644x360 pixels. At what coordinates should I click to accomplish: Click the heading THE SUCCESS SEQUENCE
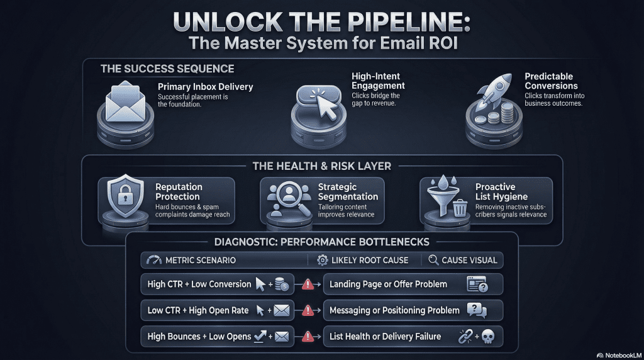(167, 69)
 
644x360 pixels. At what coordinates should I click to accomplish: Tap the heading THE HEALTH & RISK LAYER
(321, 166)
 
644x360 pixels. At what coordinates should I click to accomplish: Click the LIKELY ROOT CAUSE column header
(370, 260)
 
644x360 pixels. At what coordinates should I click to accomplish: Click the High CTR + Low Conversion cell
(199, 284)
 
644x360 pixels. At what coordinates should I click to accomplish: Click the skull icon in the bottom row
(488, 337)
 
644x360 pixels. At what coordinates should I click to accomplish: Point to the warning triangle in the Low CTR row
(308, 310)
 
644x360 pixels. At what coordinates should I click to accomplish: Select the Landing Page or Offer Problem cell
(388, 284)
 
